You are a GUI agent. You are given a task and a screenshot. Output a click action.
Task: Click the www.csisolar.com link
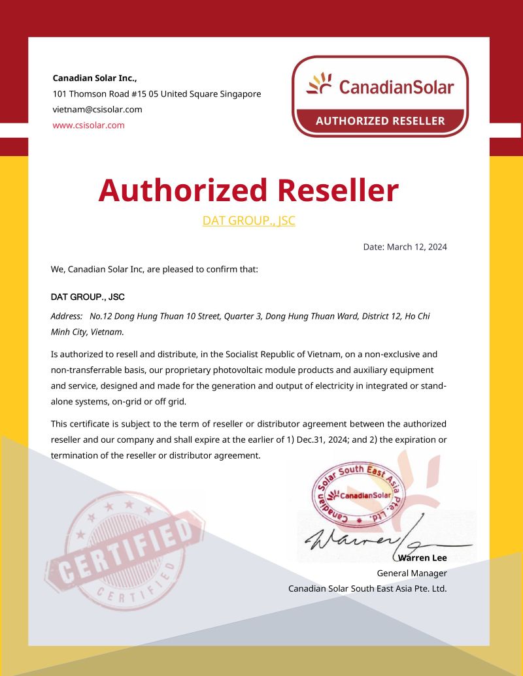pos(88,125)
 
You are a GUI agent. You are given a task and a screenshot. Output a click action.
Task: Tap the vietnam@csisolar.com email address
pos(97,109)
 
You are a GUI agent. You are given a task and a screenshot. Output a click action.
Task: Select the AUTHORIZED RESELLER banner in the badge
pos(380,121)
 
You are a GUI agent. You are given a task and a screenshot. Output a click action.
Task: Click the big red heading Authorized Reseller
pos(248,190)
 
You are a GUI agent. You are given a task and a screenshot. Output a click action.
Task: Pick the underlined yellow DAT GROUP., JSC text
pos(248,221)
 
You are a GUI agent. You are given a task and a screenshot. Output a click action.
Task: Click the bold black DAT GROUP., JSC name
pos(88,297)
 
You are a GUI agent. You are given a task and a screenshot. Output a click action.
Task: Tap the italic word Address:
pos(66,316)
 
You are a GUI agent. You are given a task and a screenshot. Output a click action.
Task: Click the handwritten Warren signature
pos(353,539)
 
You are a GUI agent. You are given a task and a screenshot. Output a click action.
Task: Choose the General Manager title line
pos(412,573)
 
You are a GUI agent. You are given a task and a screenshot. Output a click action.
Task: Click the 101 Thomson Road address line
pos(156,93)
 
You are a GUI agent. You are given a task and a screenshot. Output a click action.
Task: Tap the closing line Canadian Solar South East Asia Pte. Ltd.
pos(367,588)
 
